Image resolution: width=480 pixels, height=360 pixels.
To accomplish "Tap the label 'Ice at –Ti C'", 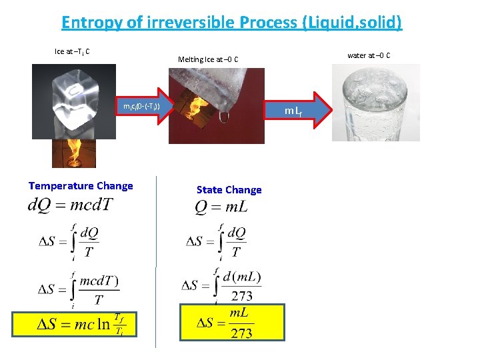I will pyautogui.click(x=73, y=51).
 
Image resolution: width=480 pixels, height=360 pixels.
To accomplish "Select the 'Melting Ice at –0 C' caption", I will pyautogui.click(x=213, y=60).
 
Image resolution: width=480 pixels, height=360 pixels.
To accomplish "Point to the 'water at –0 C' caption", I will pyautogui.click(x=369, y=55).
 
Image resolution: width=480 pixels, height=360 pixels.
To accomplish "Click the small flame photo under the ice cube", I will pyautogui.click(x=74, y=153).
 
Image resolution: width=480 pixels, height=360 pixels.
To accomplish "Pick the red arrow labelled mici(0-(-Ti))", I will pyautogui.click(x=143, y=106).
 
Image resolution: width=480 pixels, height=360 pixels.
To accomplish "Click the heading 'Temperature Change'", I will pyautogui.click(x=81, y=186).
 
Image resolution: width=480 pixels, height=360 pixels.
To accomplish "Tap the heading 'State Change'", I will pyautogui.click(x=229, y=190).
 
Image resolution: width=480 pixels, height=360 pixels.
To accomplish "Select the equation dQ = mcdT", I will pyautogui.click(x=71, y=205).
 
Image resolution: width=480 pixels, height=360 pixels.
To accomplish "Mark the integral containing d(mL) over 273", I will pyautogui.click(x=223, y=286).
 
